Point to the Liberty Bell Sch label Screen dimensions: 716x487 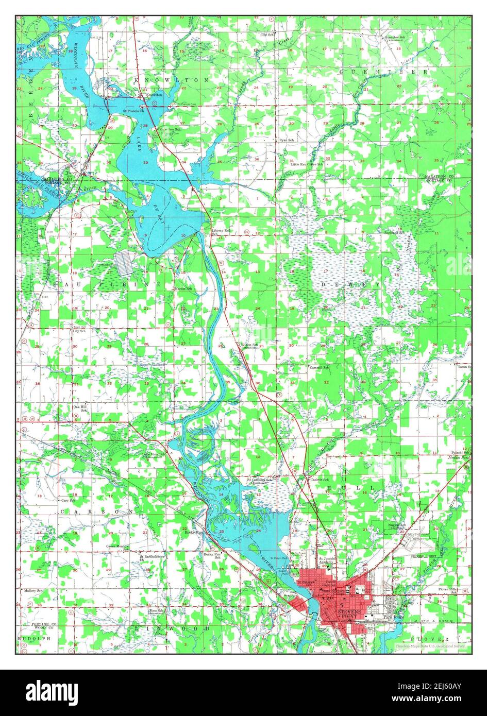(x=222, y=232)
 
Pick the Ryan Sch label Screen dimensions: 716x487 (x=286, y=140)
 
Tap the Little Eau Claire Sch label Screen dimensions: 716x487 (x=306, y=164)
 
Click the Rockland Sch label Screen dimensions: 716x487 (x=406, y=231)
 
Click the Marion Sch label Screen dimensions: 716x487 (x=183, y=288)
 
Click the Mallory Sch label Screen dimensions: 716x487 (x=32, y=590)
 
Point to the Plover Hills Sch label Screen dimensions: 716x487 (x=447, y=590)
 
